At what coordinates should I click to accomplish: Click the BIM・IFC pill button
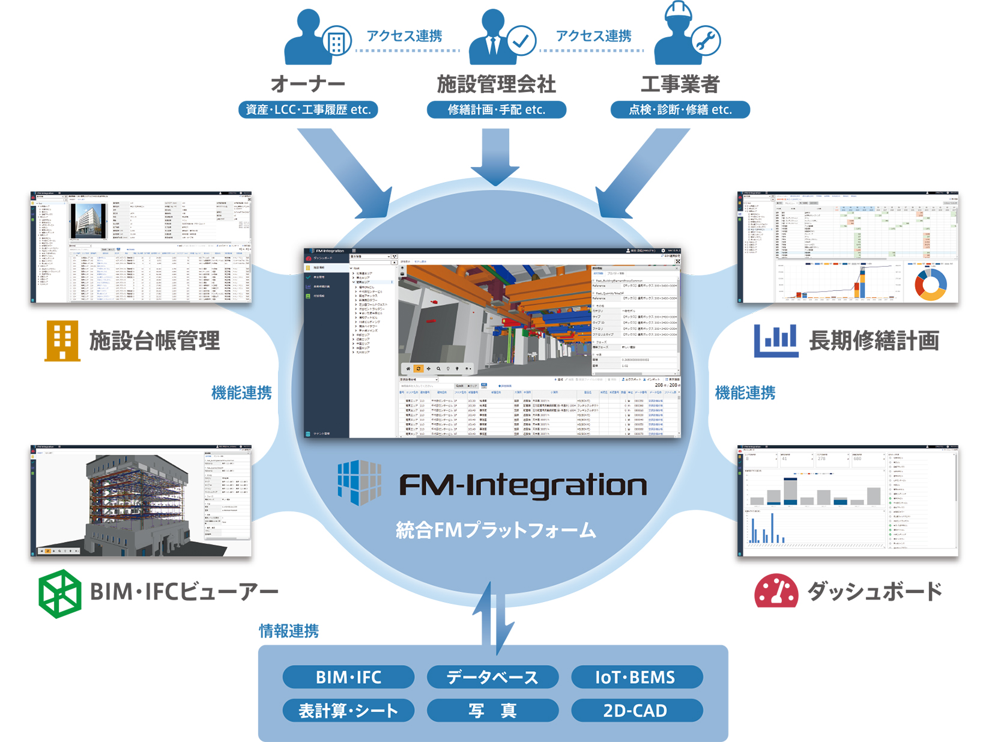point(348,677)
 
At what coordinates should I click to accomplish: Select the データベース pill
point(492,677)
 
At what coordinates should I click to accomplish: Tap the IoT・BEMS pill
point(637,677)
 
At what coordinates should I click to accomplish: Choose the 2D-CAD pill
point(637,710)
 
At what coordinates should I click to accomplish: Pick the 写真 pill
point(492,710)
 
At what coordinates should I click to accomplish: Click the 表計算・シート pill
point(348,710)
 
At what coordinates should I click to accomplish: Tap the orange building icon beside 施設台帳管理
point(62,341)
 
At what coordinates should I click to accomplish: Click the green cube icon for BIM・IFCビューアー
point(59,593)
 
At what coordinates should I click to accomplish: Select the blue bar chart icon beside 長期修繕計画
point(775,341)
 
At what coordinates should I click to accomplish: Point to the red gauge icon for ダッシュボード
point(776,591)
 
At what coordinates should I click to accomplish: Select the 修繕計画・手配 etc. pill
point(496,109)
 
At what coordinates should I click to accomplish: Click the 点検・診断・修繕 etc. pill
point(680,109)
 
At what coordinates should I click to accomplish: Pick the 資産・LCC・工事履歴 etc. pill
point(309,109)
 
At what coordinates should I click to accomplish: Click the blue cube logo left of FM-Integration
point(359,482)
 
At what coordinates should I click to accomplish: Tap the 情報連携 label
point(289,631)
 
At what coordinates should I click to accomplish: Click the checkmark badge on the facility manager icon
point(521,41)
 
